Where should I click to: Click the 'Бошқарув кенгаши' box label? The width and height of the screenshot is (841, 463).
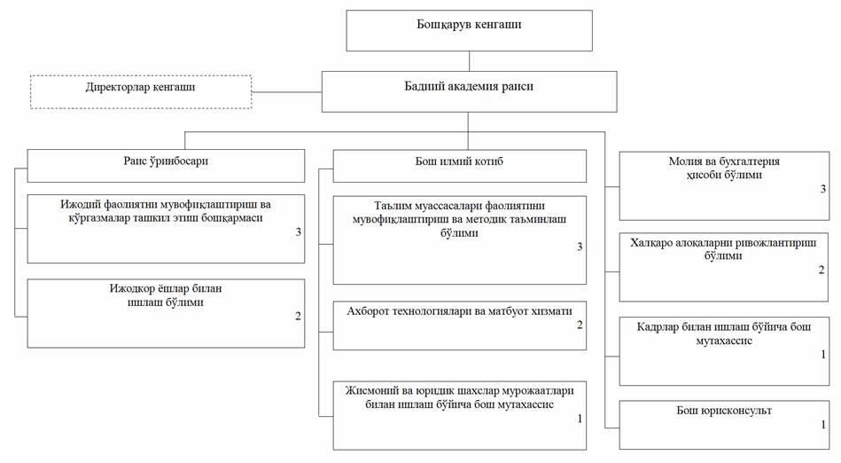click(469, 24)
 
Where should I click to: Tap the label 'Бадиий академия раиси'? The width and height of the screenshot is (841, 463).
click(469, 86)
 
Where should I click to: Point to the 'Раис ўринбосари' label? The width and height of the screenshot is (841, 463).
click(166, 161)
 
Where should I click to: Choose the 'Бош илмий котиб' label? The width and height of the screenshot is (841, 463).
click(459, 161)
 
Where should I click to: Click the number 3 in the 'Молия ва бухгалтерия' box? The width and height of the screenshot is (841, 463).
click(822, 189)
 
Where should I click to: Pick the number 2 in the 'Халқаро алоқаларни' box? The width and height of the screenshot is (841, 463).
click(822, 270)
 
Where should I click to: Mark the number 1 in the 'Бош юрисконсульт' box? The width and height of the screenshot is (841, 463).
click(823, 425)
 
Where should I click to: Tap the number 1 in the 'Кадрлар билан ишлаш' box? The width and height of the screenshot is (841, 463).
click(823, 355)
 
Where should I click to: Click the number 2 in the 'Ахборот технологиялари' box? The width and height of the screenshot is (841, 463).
click(580, 325)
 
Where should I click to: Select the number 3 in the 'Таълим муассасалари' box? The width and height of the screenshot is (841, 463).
click(580, 247)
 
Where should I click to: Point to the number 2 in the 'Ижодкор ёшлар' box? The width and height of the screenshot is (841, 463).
click(299, 317)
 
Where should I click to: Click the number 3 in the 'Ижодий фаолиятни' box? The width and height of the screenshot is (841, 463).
click(299, 232)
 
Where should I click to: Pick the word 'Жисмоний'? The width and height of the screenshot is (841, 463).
click(370, 391)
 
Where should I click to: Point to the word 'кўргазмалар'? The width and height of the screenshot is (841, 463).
click(98, 218)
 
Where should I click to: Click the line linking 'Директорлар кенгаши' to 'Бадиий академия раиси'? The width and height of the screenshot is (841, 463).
click(286, 92)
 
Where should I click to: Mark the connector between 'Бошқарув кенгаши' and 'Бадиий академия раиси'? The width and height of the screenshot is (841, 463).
click(470, 61)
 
